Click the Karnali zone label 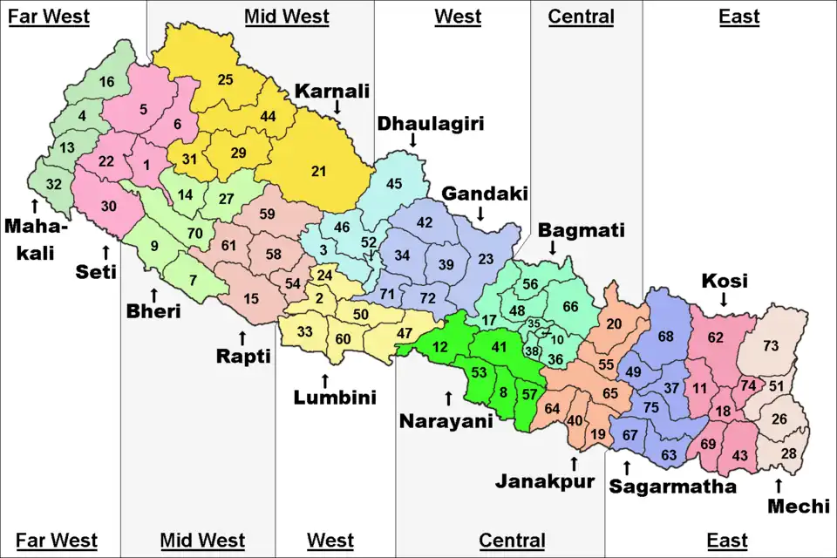[332, 91]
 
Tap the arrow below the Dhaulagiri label [412, 140]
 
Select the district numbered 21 [318, 171]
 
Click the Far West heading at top [49, 16]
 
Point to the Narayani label [446, 421]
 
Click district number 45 [394, 183]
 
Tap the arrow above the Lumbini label [324, 380]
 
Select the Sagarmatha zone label [672, 486]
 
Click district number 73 [770, 346]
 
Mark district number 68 [666, 337]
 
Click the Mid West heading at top [286, 16]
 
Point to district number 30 [108, 207]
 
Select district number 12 [440, 348]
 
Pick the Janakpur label [545, 480]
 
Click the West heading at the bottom [330, 541]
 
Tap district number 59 [268, 214]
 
